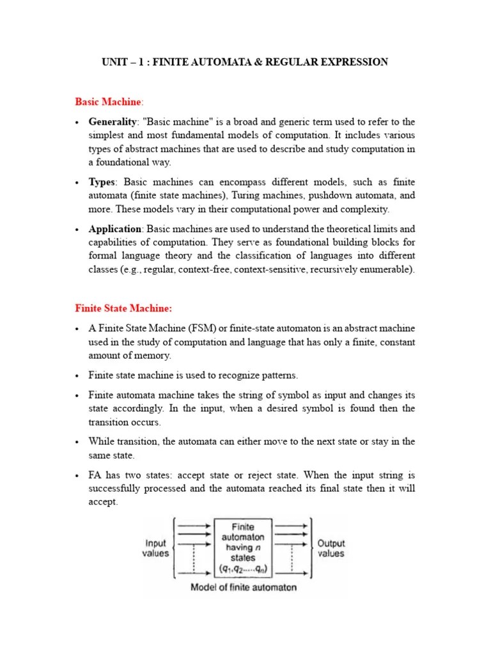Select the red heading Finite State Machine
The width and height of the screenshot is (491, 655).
click(123, 308)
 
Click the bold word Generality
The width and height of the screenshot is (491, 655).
click(113, 122)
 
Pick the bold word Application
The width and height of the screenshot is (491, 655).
click(115, 228)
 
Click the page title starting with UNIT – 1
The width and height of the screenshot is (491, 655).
click(245, 62)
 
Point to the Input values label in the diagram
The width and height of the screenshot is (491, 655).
click(155, 549)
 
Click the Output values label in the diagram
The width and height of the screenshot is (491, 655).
click(331, 549)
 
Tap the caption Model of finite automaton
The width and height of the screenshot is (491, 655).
click(244, 587)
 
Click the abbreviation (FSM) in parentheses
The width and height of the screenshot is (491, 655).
click(186, 328)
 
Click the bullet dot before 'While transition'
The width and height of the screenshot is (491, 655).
click(77, 442)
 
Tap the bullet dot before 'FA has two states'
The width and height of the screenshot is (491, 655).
click(77, 476)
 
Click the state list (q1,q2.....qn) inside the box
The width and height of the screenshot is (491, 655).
click(244, 569)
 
